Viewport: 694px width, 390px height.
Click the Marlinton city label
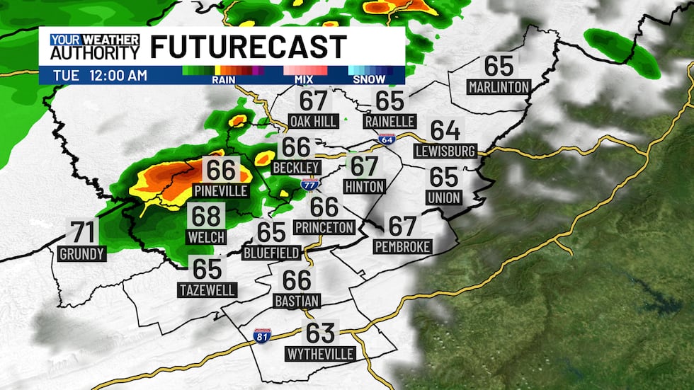[x=499, y=87]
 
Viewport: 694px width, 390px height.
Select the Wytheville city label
[x=320, y=352]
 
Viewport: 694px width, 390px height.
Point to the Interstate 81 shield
[x=263, y=335]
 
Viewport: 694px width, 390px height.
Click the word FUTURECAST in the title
[x=248, y=47]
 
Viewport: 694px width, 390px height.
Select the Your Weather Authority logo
[x=94, y=47]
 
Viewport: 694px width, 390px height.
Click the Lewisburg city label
[x=445, y=151]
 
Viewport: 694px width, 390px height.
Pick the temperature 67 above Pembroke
[x=402, y=226]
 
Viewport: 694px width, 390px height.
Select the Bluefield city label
[x=271, y=252]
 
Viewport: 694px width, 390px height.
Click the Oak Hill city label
[x=313, y=121]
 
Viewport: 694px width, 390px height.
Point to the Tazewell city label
[x=207, y=289]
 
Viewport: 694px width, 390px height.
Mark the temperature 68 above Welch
[x=207, y=215]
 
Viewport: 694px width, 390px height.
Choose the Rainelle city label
[x=389, y=121]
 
